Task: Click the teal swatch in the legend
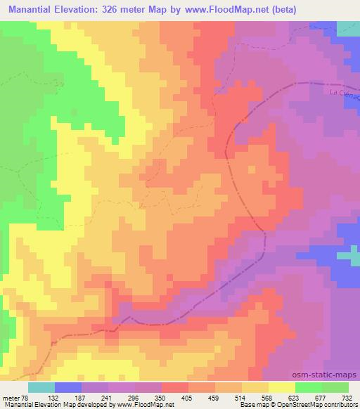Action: tap(41, 387)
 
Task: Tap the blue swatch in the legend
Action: tap(67, 387)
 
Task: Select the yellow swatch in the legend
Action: tap(281, 387)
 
